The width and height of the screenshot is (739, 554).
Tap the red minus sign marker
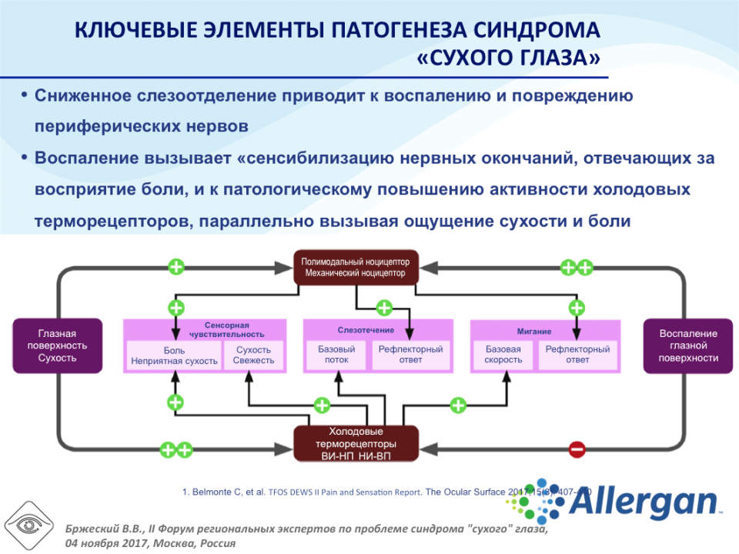tap(577, 449)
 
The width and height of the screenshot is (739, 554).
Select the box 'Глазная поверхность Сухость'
tap(57, 345)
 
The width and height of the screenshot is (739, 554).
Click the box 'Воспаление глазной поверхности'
tap(687, 345)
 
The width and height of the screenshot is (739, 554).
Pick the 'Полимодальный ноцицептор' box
tap(356, 267)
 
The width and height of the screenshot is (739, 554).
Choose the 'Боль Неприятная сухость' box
tap(175, 355)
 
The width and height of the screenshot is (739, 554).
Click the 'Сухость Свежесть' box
tap(254, 355)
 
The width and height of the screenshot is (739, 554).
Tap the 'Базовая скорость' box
tap(503, 355)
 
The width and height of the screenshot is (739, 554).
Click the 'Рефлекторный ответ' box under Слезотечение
tap(410, 355)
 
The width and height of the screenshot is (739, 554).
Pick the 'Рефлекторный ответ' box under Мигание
tap(577, 355)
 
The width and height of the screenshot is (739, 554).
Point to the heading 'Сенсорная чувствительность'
tap(227, 329)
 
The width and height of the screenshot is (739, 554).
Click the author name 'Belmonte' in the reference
tap(213, 491)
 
